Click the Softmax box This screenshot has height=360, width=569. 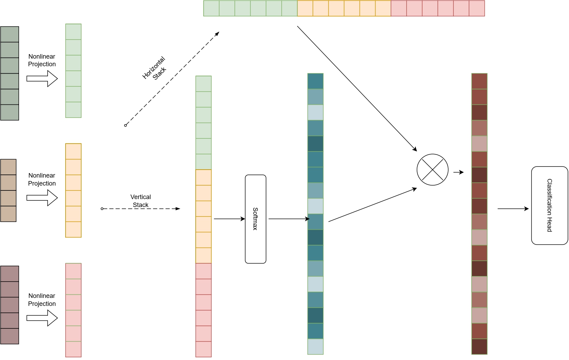tap(256, 219)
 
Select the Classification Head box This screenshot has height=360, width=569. tap(550, 205)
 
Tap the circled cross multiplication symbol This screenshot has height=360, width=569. tap(432, 170)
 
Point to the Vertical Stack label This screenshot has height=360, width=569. tap(141, 201)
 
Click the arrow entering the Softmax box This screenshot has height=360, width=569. tap(229, 218)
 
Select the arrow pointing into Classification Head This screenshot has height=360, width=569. tap(513, 209)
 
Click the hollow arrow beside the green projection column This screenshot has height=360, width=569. tap(42, 79)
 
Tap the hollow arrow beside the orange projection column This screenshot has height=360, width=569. tap(42, 198)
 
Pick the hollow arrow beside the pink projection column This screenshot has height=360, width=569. tap(42, 318)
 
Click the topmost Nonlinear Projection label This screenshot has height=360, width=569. tap(42, 60)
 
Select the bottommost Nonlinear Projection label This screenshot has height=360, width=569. tap(42, 300)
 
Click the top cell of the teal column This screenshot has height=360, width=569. tap(315, 81)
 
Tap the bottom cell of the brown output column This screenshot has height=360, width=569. tap(479, 346)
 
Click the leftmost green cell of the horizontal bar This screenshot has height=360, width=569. tap(211, 8)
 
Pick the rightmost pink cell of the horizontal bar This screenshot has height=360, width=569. tap(477, 8)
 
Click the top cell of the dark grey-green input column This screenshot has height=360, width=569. tap(10, 34)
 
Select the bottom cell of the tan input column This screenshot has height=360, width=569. tap(8, 214)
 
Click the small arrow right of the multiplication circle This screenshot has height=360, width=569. tap(459, 172)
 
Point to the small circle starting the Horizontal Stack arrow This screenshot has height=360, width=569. tap(125, 126)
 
